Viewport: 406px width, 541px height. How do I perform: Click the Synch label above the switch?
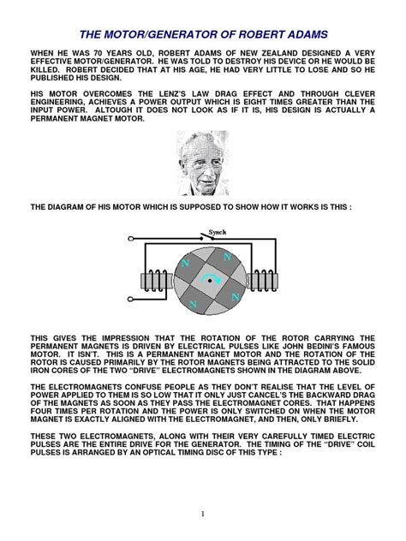tap(218, 231)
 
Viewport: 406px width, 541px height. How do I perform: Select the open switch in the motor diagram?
tap(222, 240)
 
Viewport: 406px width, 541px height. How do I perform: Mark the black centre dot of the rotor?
tap(206, 282)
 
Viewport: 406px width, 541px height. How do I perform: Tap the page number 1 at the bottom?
tap(204, 513)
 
